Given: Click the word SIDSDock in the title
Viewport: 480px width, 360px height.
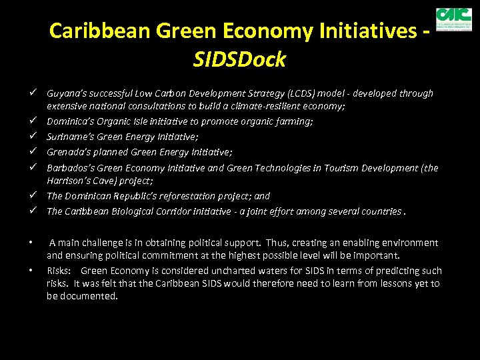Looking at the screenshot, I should pos(239,60).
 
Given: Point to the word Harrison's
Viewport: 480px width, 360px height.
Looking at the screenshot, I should pos(70,180).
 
